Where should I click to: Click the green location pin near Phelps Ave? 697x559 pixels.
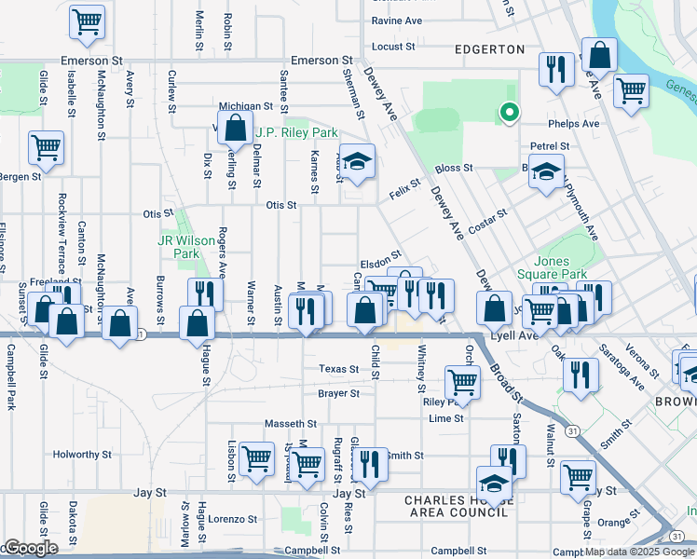[x=509, y=114]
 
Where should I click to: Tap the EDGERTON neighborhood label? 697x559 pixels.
[x=485, y=49]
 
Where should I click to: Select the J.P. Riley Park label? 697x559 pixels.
[x=296, y=133]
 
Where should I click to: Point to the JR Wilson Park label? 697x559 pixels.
[x=180, y=247]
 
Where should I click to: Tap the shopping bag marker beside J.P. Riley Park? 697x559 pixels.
[x=236, y=128]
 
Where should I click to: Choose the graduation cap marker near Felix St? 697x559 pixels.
[x=357, y=162]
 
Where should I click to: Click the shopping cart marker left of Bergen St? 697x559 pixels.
[x=46, y=148]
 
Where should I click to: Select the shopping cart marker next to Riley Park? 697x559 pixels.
[x=461, y=382]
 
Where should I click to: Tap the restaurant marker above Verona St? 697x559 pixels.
[x=581, y=375]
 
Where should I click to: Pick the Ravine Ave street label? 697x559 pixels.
[x=397, y=20]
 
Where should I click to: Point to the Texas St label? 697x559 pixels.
[x=338, y=369]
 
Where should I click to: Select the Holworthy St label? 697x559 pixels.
[x=82, y=456]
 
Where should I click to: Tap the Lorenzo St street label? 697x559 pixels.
[x=232, y=519]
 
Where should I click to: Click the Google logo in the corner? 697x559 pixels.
[x=31, y=548]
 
